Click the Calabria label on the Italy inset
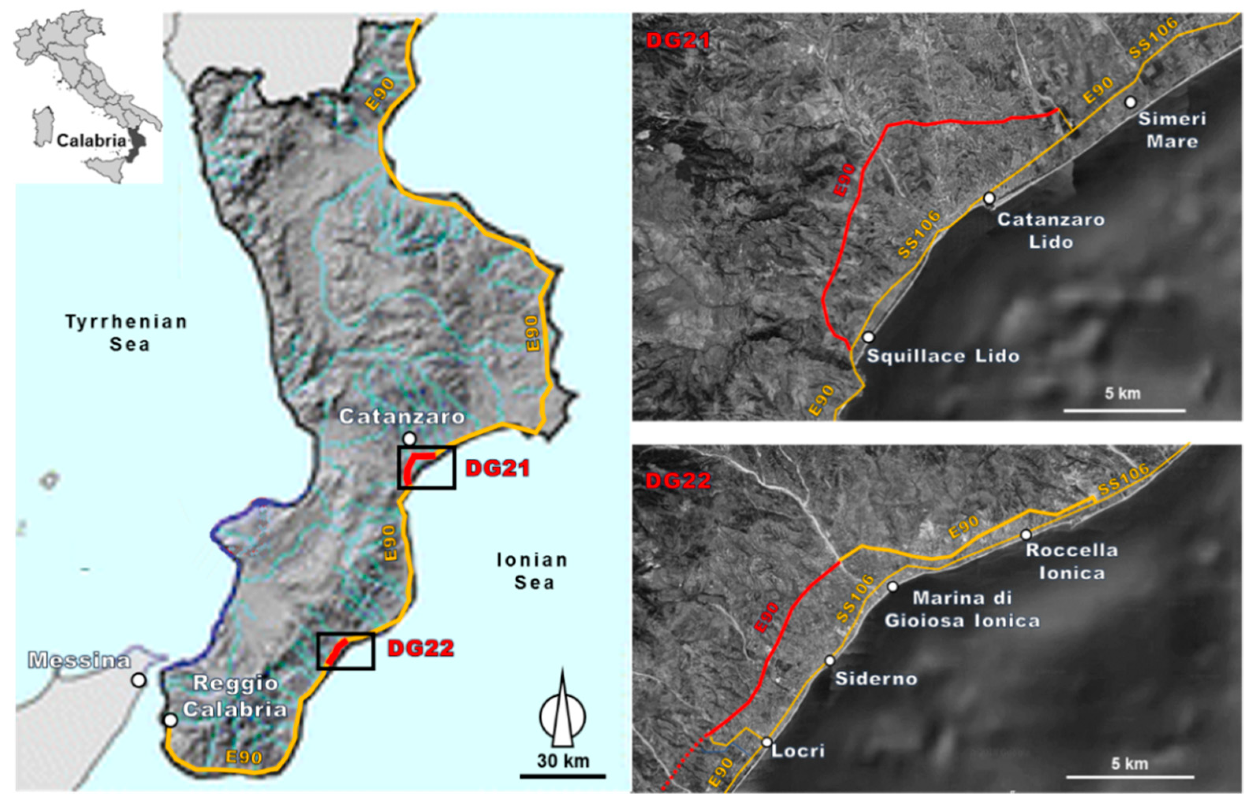pos(91,141)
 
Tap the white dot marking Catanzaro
pos(409,438)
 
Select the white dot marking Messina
pos(139,680)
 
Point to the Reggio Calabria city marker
pos(169,720)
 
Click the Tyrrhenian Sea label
pos(126,332)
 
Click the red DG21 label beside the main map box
pos(497,468)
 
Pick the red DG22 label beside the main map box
pos(420,649)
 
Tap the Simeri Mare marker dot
pos(1130,102)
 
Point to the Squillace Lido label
pos(943,356)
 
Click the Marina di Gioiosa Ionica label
pos(962,609)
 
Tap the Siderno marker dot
pos(830,661)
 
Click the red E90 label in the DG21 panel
pos(844,180)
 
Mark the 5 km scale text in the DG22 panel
pos(1129,764)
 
